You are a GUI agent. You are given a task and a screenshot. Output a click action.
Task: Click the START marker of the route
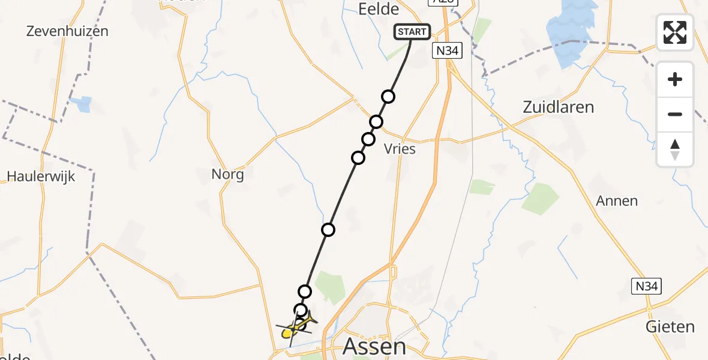click(412, 32)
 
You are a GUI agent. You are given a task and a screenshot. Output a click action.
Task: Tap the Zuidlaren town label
click(558, 107)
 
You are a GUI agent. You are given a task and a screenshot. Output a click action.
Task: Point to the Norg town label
click(227, 175)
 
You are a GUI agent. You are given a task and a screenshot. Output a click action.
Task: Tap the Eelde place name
click(378, 9)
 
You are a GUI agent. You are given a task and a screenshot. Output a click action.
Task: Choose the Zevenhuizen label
click(67, 31)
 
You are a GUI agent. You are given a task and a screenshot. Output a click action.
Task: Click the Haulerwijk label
click(41, 176)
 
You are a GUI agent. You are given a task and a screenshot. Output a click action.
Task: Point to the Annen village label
click(617, 201)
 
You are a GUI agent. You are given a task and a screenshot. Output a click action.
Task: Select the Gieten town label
click(670, 327)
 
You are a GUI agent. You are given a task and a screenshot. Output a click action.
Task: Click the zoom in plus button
click(675, 79)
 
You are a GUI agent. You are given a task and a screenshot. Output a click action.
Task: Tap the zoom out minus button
click(675, 114)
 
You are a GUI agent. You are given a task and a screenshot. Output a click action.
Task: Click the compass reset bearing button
click(675, 149)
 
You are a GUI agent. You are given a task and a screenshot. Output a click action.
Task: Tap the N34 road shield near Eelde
click(446, 51)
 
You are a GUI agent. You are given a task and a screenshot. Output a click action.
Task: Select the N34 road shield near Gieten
click(647, 287)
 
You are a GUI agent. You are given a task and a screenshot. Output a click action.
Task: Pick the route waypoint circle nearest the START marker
click(388, 97)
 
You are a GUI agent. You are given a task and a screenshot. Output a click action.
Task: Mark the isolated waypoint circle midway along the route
click(328, 229)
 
